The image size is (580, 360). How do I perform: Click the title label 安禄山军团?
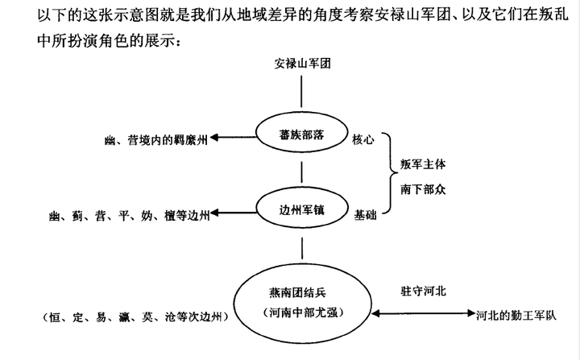click(302, 64)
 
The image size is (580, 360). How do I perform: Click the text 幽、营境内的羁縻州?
click(156, 140)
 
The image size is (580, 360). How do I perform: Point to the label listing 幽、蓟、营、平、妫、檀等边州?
click(130, 215)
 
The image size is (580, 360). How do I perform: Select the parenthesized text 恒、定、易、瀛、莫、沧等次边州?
click(135, 317)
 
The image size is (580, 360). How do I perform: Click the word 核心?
click(362, 139)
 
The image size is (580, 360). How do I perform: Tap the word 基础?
click(365, 215)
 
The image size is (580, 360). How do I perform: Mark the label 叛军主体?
click(423, 164)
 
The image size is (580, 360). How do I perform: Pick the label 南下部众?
click(423, 189)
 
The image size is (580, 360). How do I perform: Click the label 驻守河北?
click(423, 292)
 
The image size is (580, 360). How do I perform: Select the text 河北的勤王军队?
click(516, 315)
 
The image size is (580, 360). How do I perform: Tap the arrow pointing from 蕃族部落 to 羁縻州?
click(233, 138)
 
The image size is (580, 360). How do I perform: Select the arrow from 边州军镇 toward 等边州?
click(233, 213)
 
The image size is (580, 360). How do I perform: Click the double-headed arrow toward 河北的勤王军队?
click(423, 314)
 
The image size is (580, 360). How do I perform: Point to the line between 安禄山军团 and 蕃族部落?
click(301, 91)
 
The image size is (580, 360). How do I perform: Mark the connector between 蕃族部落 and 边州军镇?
click(302, 172)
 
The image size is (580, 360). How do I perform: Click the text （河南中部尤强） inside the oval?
click(304, 312)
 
